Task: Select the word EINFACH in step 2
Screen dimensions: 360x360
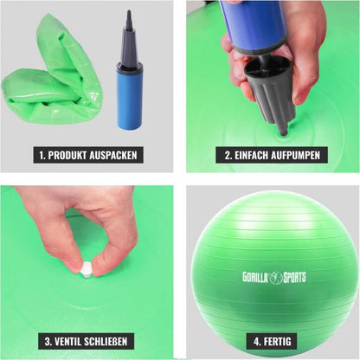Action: tap(251, 155)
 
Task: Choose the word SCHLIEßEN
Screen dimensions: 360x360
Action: tap(106, 342)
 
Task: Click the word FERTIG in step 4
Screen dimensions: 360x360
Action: tap(276, 342)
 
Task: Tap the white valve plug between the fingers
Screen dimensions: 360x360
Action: tap(86, 270)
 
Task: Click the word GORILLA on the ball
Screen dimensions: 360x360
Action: tap(255, 277)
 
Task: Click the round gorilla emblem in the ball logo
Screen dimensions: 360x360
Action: tap(275, 277)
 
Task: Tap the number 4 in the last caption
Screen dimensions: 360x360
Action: tap(257, 342)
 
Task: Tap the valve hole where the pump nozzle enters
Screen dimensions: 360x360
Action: tap(284, 133)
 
